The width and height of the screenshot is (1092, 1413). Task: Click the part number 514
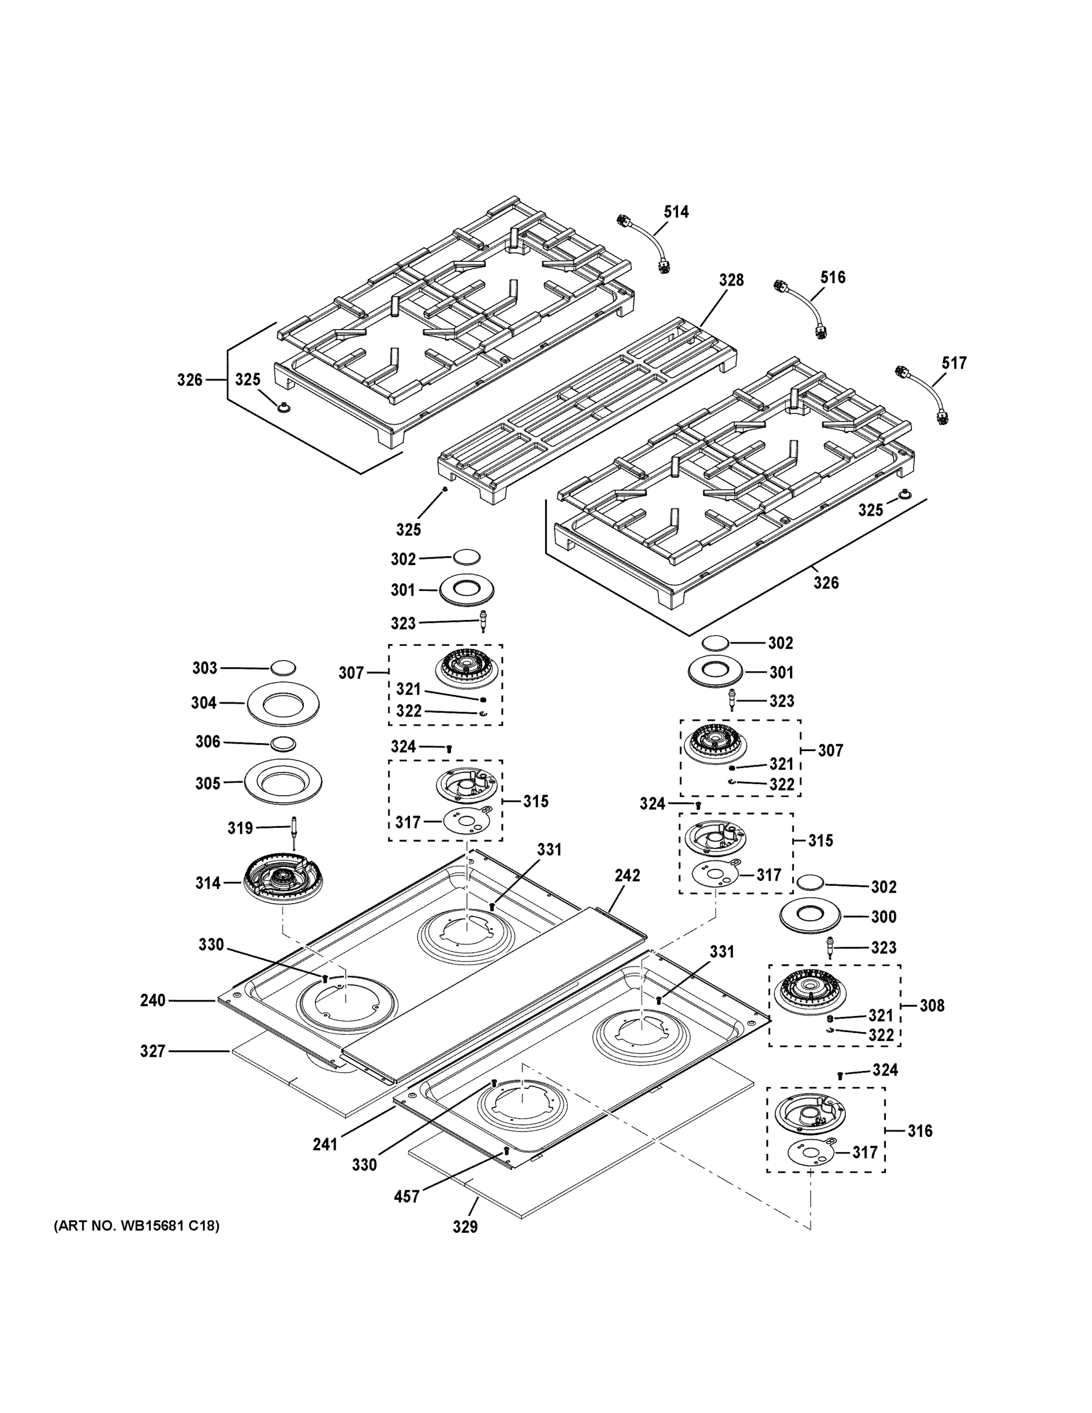(x=676, y=211)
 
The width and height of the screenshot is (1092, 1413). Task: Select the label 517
(x=954, y=363)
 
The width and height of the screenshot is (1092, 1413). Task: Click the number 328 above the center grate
(x=731, y=280)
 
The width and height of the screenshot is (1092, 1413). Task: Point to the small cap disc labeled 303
(x=283, y=668)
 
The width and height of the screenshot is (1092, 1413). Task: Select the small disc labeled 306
(x=283, y=744)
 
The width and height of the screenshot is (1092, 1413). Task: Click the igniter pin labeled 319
(x=295, y=834)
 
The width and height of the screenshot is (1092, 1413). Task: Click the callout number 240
(x=153, y=1000)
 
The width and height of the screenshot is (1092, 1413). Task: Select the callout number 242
(x=627, y=875)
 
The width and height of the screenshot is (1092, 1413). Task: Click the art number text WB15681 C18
(x=137, y=1225)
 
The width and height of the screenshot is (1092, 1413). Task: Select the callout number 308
(x=931, y=1006)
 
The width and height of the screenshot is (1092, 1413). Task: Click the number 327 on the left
(x=153, y=1052)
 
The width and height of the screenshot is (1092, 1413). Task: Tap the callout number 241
(x=325, y=1145)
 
